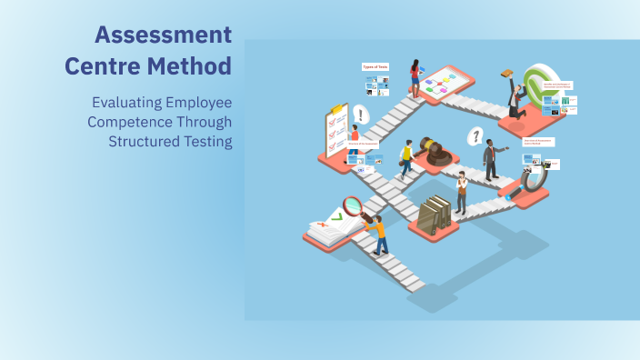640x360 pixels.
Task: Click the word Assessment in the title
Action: click(163, 35)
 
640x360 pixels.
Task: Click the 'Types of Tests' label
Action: click(375, 66)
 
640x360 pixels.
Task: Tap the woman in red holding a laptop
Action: click(415, 77)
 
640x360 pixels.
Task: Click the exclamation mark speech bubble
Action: click(362, 115)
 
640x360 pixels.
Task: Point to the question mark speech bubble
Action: click(474, 136)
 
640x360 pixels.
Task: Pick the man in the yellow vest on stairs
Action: click(407, 158)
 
